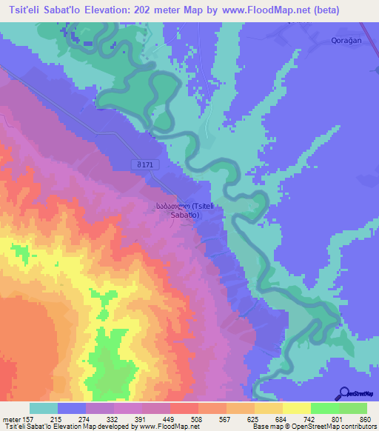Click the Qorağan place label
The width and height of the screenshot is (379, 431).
346,41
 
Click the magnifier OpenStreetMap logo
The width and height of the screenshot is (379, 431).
343,395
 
